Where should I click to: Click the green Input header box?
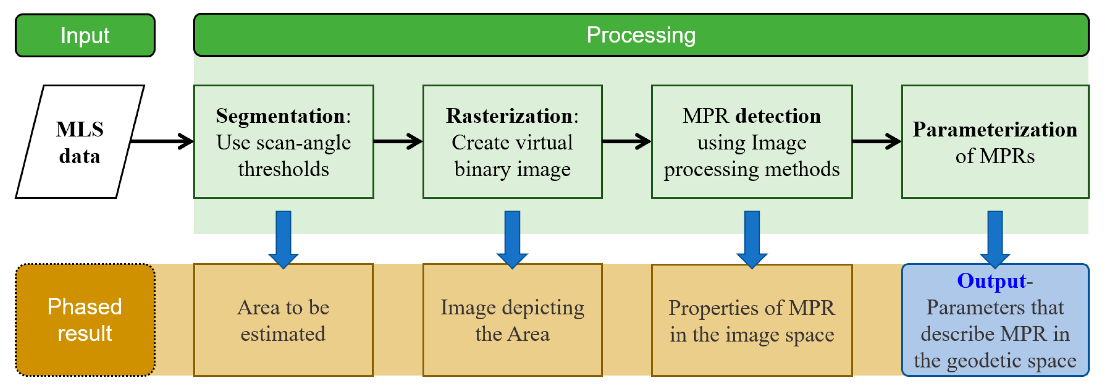pyautogui.click(x=85, y=35)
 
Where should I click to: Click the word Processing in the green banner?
pyautogui.click(x=640, y=35)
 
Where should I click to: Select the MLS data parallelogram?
pyautogui.click(x=80, y=142)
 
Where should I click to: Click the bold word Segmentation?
pyautogui.click(x=280, y=116)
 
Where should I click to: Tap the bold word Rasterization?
pyautogui.click(x=509, y=116)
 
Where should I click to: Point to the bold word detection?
pyautogui.click(x=777, y=116)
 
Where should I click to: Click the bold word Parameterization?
pyautogui.click(x=994, y=129)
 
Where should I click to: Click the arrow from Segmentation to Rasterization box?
pyautogui.click(x=398, y=141)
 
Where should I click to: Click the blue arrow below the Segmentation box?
pyautogui.click(x=283, y=238)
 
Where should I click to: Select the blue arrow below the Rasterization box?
pyautogui.click(x=512, y=238)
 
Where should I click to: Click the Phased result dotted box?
pyautogui.click(x=85, y=320)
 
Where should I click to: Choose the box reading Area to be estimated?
pyautogui.click(x=283, y=320)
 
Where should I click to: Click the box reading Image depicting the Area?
pyautogui.click(x=512, y=320)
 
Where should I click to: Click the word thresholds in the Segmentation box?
pyautogui.click(x=283, y=169)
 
